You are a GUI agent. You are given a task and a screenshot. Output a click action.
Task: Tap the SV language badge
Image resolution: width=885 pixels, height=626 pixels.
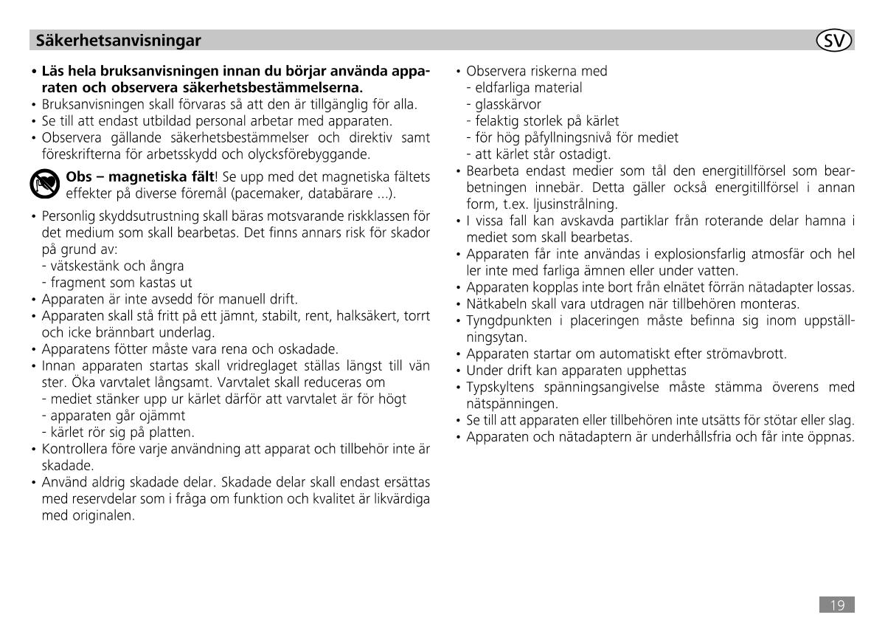click(835, 41)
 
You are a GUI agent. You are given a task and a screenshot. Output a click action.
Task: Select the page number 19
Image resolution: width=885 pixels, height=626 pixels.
click(837, 605)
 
